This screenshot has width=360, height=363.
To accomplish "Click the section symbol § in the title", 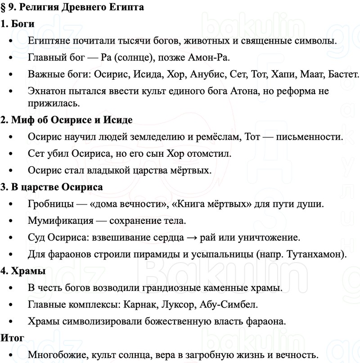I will point(4,7).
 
